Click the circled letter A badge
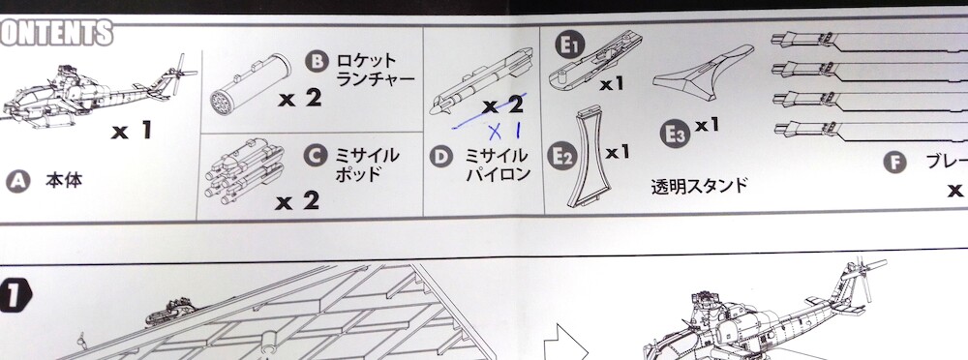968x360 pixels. coord(17,181)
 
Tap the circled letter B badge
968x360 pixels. coord(317,62)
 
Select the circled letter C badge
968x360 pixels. coord(315,155)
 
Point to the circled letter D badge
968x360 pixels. coord(440,156)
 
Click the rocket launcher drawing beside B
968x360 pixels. coord(250,82)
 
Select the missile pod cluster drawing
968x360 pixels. coord(245,172)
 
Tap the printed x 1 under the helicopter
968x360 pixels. coord(132,131)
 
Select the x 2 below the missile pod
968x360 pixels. coord(297,200)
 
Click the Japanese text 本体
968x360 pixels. coord(64,180)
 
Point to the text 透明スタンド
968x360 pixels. coord(700,185)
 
